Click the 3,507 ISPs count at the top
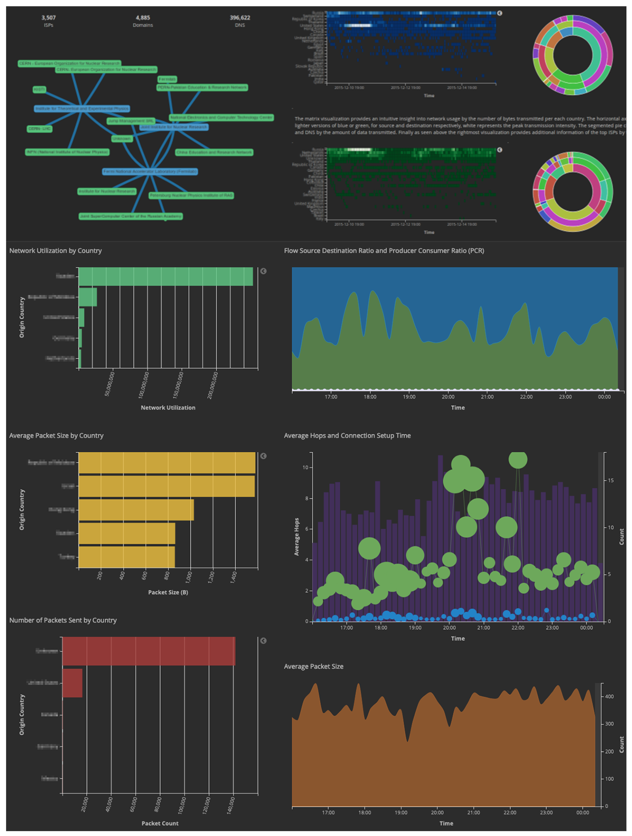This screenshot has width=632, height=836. tap(48, 18)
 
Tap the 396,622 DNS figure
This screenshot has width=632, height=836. tap(240, 18)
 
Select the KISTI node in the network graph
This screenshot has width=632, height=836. tap(39, 90)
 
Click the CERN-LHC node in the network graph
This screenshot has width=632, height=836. tap(39, 129)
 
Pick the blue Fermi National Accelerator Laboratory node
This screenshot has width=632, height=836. tap(150, 172)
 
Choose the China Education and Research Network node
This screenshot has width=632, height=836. tap(214, 152)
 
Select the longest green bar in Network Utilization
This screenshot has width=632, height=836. tap(166, 276)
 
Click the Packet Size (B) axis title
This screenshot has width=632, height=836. tap(168, 592)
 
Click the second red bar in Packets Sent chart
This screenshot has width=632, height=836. tap(72, 683)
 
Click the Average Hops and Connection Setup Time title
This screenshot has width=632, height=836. tap(347, 435)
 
